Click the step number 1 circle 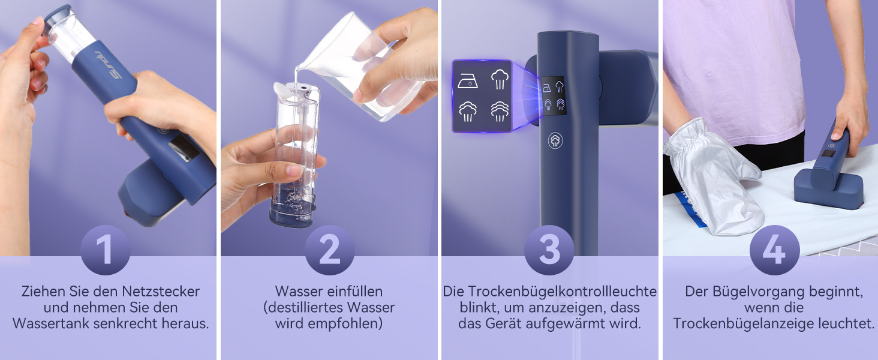105,250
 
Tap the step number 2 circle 330,250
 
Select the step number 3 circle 549,250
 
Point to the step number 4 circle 774,250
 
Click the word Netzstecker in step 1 161,292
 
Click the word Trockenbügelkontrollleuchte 562,292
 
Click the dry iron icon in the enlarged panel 468,80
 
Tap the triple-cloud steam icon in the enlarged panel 500,111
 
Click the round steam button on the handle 555,140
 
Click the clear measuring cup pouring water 365,65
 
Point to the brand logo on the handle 109,64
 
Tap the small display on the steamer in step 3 554,95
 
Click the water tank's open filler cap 284,90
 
